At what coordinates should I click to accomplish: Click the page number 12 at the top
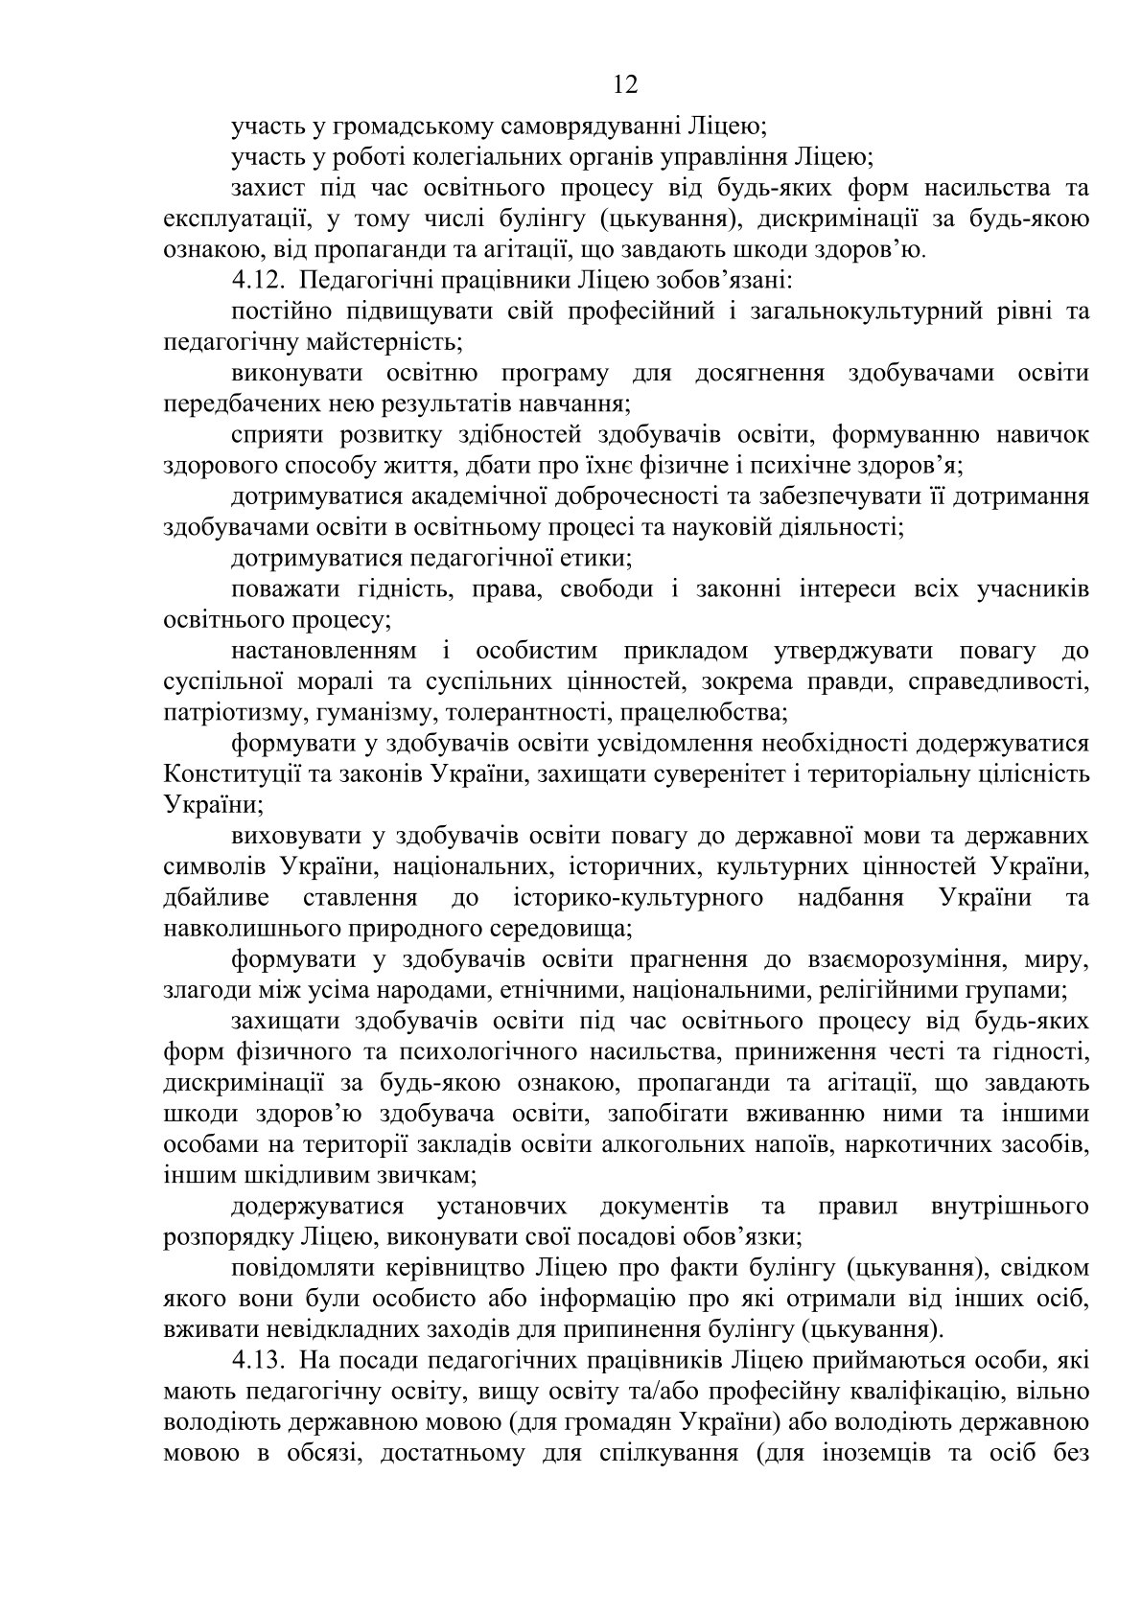pyautogui.click(x=624, y=85)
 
